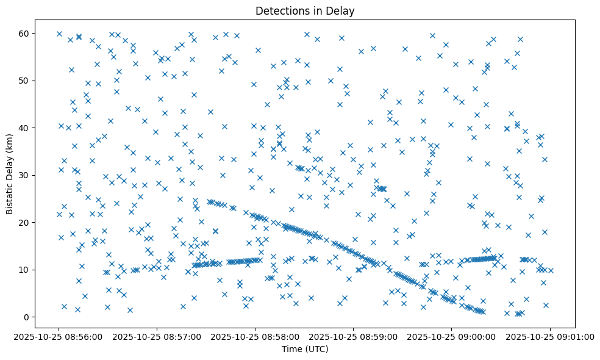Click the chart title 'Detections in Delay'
coord(305,10)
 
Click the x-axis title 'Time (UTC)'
coord(305,350)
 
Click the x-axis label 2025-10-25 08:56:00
coord(59,336)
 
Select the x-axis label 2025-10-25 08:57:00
coord(157,336)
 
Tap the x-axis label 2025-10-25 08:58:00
coord(255,336)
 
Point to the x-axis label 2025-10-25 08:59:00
coord(354,336)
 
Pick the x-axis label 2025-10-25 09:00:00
coord(452,336)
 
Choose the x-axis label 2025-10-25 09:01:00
coord(550,336)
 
